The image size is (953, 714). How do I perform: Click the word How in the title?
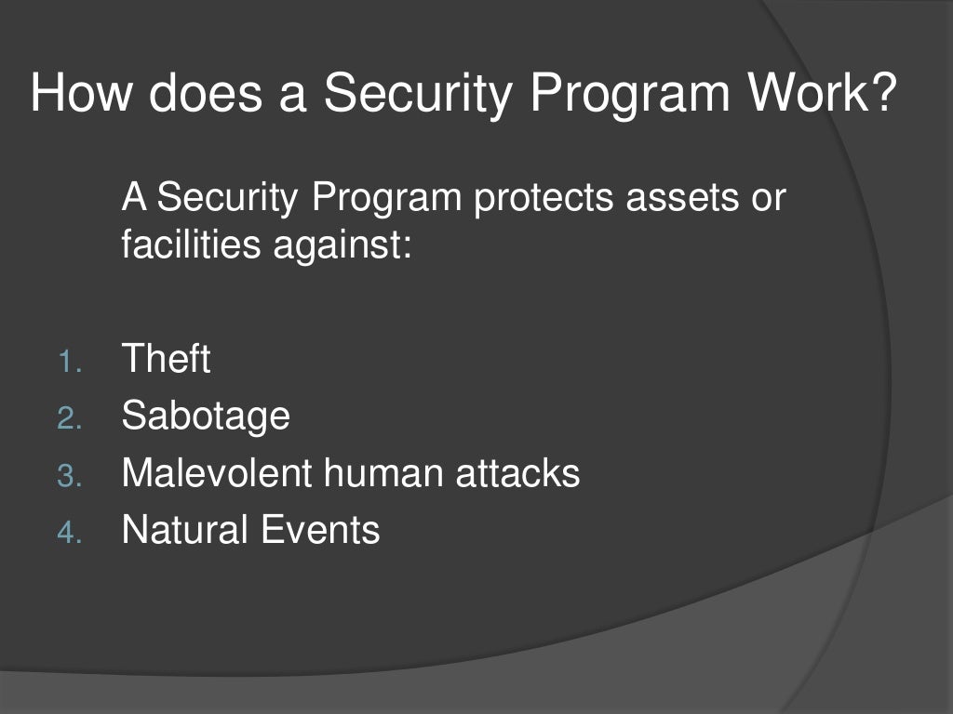click(80, 95)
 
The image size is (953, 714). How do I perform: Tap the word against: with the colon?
click(342, 246)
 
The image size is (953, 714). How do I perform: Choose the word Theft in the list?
click(166, 359)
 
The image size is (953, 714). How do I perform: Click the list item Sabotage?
click(206, 416)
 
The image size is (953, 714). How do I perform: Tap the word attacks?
click(517, 473)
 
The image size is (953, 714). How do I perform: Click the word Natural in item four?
click(185, 530)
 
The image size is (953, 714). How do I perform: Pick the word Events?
click(320, 530)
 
